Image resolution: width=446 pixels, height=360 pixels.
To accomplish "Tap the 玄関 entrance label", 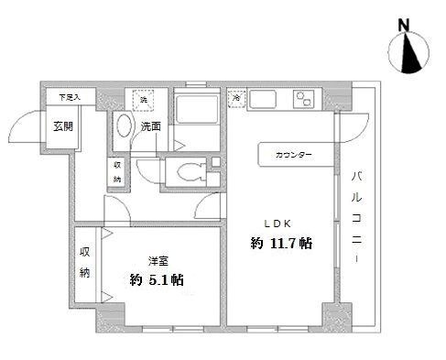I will click(63, 126).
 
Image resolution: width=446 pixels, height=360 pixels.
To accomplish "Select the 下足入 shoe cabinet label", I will click(70, 96).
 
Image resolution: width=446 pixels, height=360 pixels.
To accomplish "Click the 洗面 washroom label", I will click(152, 127).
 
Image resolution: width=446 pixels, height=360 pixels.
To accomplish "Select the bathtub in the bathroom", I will click(194, 115).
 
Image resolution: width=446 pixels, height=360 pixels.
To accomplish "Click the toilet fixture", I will click(190, 170).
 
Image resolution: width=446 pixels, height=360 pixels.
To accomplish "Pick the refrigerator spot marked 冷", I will click(235, 97).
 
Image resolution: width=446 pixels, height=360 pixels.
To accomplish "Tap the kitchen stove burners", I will click(303, 99).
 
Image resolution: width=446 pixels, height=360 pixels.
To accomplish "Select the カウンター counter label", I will click(293, 155).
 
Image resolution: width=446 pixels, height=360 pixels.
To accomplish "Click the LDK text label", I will click(278, 223).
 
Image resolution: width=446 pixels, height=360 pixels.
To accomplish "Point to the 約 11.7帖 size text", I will click(282, 244).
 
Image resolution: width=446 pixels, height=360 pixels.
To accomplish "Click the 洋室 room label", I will click(158, 259).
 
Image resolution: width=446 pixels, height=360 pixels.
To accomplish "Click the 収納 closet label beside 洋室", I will click(84, 261).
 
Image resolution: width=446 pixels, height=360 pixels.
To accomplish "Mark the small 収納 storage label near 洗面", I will click(117, 171).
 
